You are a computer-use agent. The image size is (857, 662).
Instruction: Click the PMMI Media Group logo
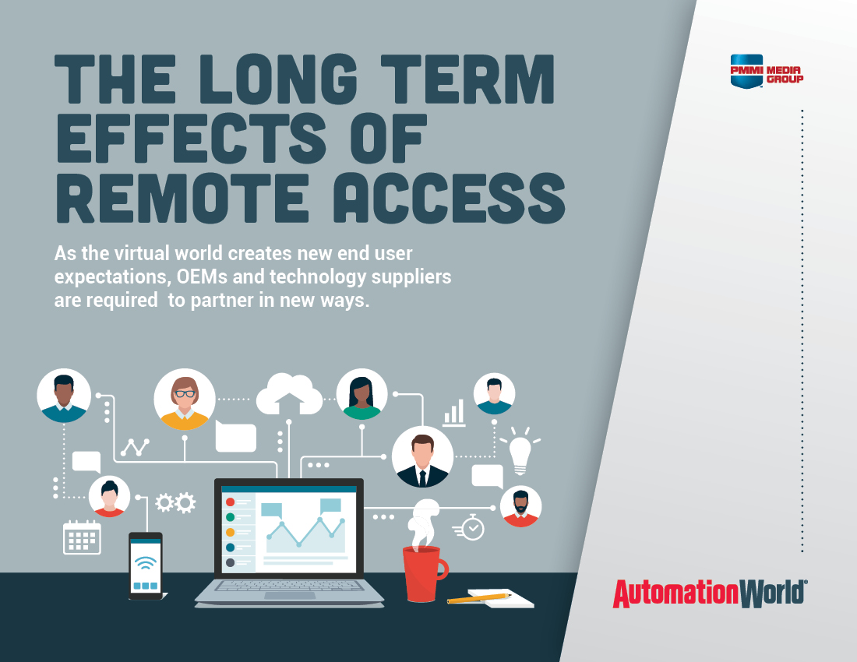[x=766, y=71]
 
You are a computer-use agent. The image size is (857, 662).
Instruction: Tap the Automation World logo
[x=709, y=593]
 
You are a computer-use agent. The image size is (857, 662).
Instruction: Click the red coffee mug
[x=424, y=572]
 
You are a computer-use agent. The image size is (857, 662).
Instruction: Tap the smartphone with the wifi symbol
[x=146, y=566]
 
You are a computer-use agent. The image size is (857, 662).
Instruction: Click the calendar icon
[x=82, y=537]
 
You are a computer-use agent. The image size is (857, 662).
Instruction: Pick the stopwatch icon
[x=472, y=527]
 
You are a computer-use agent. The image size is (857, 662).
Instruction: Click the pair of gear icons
[x=175, y=503]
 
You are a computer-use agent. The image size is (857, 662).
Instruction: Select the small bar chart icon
[x=454, y=413]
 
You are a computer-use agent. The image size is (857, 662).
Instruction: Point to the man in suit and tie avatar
[x=422, y=456]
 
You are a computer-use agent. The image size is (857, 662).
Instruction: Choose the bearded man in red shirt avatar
[x=520, y=506]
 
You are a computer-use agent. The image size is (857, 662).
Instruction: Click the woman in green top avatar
[x=361, y=394]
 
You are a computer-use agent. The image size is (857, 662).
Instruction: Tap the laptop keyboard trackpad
[x=289, y=595]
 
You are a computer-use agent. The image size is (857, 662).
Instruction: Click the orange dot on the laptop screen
[x=230, y=532]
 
